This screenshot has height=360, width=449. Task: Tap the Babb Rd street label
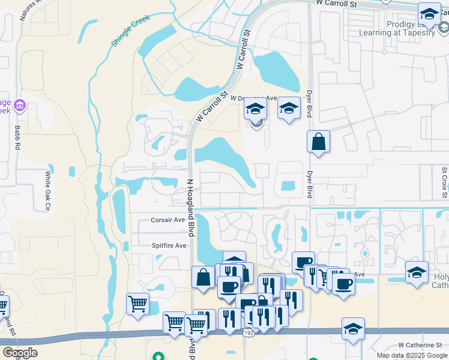(x=17, y=137)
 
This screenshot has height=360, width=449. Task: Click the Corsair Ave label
(x=168, y=220)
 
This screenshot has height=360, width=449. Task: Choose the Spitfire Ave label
(x=169, y=245)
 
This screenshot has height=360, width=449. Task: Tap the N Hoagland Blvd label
(x=191, y=208)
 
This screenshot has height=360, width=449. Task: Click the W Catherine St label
(x=420, y=345)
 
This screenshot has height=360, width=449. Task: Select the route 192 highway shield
(x=249, y=332)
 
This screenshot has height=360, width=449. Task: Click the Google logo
(x=20, y=353)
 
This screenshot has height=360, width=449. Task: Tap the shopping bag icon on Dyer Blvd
(x=318, y=142)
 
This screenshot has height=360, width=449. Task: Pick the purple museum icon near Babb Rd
(x=20, y=106)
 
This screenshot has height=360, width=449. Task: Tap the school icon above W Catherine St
(x=353, y=328)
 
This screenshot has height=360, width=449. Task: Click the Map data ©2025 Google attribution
(x=412, y=355)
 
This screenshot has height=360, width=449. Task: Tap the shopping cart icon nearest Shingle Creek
(x=138, y=304)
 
